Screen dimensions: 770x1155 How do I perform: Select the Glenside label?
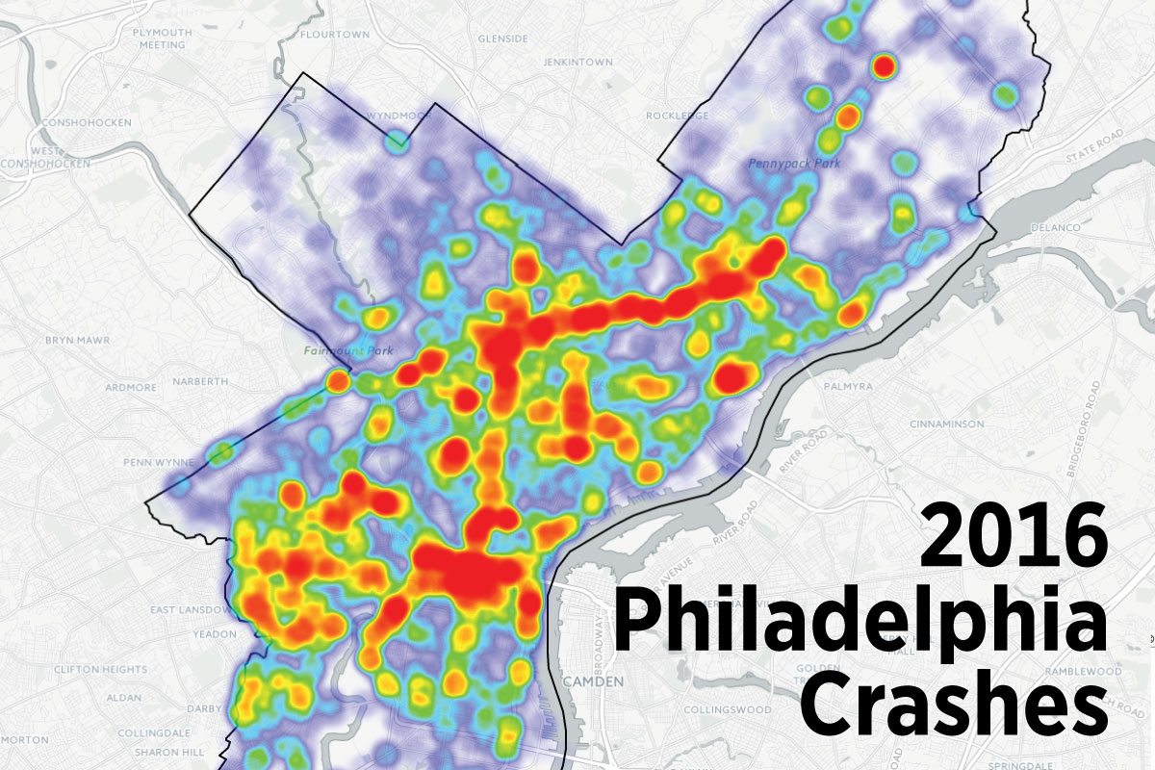(502, 38)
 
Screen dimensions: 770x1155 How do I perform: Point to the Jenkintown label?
(577, 62)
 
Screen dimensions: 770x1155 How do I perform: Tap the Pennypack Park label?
(794, 164)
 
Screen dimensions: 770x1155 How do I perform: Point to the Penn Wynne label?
(154, 463)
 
